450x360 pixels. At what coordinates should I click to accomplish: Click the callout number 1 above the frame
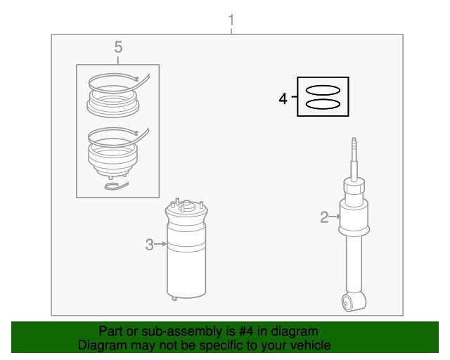pyautogui.click(x=231, y=20)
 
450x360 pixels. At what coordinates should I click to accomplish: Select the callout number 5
pyautogui.click(x=118, y=47)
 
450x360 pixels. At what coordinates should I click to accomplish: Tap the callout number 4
pyautogui.click(x=283, y=98)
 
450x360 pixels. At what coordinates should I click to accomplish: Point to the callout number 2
pyautogui.click(x=324, y=217)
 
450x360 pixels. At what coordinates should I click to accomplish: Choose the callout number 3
pyautogui.click(x=150, y=245)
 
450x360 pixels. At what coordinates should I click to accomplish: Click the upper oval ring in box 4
pyautogui.click(x=323, y=91)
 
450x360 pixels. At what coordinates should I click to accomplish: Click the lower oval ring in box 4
pyautogui.click(x=323, y=104)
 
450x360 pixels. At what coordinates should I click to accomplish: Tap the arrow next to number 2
pyautogui.click(x=335, y=217)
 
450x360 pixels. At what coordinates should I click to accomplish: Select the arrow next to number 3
pyautogui.click(x=160, y=244)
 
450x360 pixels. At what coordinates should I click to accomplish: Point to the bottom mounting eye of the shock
pyautogui.click(x=354, y=302)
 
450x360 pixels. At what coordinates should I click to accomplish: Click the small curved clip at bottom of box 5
pyautogui.click(x=116, y=186)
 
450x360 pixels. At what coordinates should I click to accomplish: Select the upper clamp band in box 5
pyautogui.click(x=120, y=82)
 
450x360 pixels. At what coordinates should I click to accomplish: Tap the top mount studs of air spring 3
pyautogui.click(x=187, y=205)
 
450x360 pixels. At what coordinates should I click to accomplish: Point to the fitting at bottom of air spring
pyautogui.click(x=174, y=299)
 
